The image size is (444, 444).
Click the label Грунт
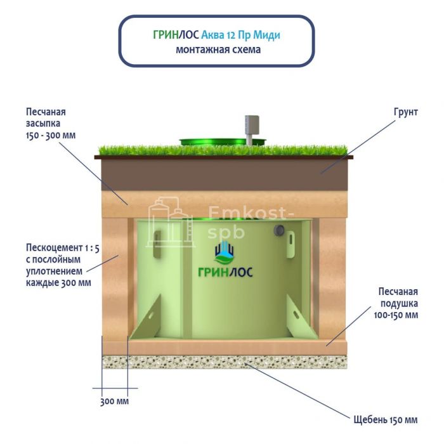[405, 112]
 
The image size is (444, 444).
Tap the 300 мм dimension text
[114, 402]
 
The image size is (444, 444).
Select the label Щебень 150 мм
[385, 420]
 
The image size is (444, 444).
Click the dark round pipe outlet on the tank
[278, 230]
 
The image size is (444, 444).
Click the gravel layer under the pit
[222, 362]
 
